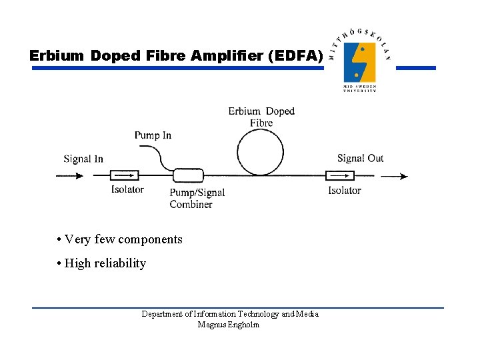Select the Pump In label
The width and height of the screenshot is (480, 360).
pyautogui.click(x=153, y=135)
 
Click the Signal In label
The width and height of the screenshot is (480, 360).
pyautogui.click(x=83, y=159)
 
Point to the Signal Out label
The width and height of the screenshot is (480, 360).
pyautogui.click(x=360, y=158)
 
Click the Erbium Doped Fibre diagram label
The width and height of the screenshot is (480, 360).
pyautogui.click(x=261, y=117)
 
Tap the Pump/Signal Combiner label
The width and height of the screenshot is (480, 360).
pyautogui.click(x=197, y=198)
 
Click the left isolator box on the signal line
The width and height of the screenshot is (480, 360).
pyautogui.click(x=124, y=176)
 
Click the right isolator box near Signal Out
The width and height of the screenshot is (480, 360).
pyautogui.click(x=340, y=176)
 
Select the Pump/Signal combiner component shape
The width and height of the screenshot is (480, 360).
pyautogui.click(x=189, y=176)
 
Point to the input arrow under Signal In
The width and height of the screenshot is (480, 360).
pyautogui.click(x=70, y=176)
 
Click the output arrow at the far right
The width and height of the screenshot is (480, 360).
pyautogui.click(x=394, y=176)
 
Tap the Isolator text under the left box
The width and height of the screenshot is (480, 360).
pyautogui.click(x=127, y=189)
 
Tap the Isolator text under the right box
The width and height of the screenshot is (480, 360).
pyautogui.click(x=344, y=190)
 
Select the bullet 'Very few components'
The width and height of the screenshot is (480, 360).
pyautogui.click(x=119, y=239)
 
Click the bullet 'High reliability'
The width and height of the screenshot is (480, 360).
pyautogui.click(x=101, y=263)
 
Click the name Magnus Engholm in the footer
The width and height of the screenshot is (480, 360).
pyautogui.click(x=229, y=325)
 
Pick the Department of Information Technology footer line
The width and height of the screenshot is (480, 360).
pyautogui.click(x=230, y=314)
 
